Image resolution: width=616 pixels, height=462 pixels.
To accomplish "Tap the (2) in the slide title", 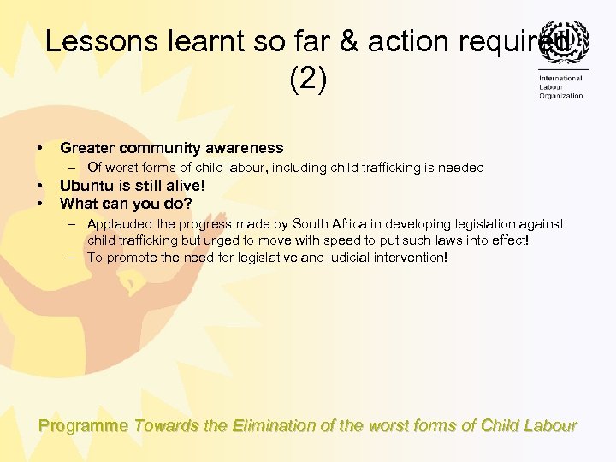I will (308, 79).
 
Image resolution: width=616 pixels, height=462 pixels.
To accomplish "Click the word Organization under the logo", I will (561, 96).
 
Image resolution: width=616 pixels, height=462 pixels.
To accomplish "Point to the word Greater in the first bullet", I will (86, 148).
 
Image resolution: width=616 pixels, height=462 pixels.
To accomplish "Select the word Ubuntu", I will (86, 185).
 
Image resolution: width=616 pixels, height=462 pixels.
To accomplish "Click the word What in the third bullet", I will (77, 204).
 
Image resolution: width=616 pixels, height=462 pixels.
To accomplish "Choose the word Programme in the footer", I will (84, 425).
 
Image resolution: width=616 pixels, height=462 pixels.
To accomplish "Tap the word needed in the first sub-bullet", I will (462, 168).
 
